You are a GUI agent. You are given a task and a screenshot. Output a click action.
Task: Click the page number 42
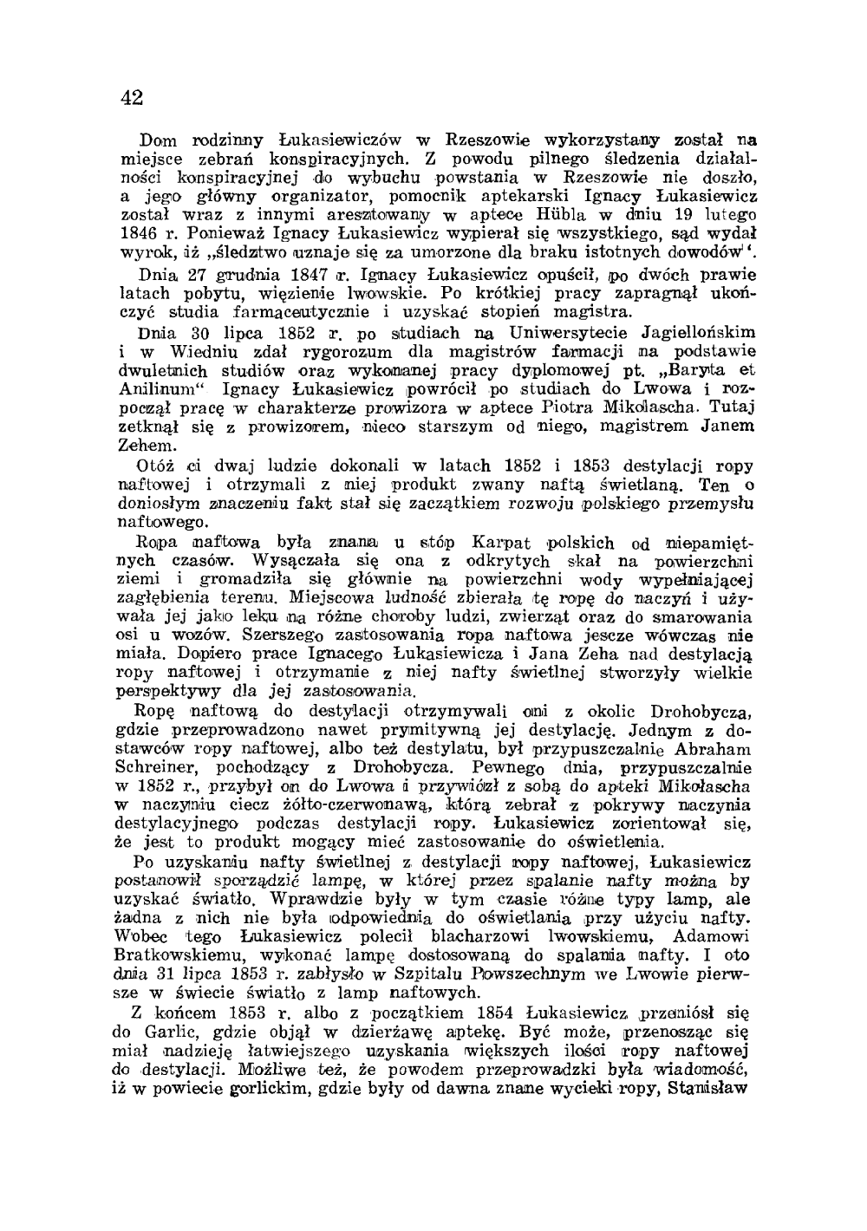pyautogui.click(x=132, y=96)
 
